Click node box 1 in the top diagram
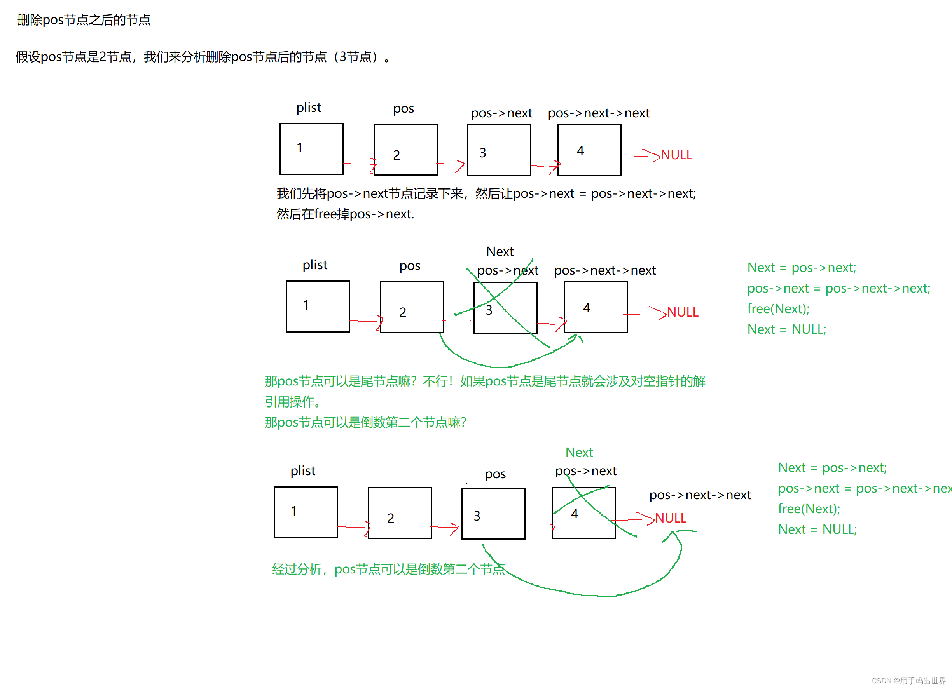tap(311, 149)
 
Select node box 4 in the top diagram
tap(589, 150)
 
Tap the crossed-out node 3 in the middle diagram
tap(505, 308)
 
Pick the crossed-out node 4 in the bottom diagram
tap(583, 513)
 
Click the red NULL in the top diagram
tap(676, 155)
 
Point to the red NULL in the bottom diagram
tap(670, 518)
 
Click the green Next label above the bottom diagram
tap(579, 452)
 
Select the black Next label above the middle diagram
tap(500, 251)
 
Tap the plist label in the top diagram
tap(309, 108)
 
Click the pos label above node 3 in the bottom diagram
tap(495, 474)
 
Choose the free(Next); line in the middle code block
tap(778, 309)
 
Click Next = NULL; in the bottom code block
tap(817, 529)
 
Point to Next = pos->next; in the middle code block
tap(801, 268)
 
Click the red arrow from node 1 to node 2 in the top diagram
tap(359, 164)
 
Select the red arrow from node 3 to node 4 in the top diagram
tap(545, 167)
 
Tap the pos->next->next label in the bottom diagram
tap(700, 495)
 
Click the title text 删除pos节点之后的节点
tap(84, 20)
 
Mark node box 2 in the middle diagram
tap(412, 307)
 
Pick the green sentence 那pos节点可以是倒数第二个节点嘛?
tap(365, 422)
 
